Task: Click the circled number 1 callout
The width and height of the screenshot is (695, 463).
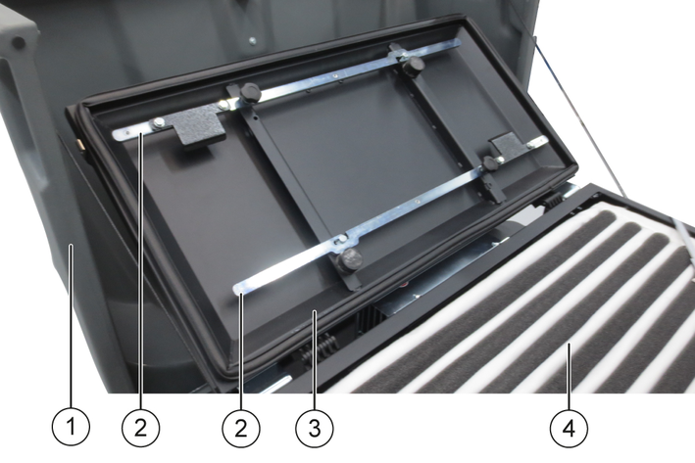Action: (x=71, y=428)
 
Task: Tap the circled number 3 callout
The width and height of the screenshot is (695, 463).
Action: (x=315, y=428)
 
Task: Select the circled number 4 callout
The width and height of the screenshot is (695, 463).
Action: (x=570, y=428)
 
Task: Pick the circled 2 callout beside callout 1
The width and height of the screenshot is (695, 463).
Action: (x=140, y=428)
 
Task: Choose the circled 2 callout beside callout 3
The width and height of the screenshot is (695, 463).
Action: (x=241, y=428)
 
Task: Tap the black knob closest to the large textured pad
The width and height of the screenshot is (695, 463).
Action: (x=251, y=93)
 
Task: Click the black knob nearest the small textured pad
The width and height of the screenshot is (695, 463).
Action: (x=491, y=163)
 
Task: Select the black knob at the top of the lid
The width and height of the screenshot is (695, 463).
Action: (x=413, y=65)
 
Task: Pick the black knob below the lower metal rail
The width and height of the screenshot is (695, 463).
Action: (x=350, y=259)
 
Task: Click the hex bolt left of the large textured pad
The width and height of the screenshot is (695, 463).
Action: (x=158, y=123)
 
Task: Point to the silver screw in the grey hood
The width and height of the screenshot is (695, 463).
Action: (x=252, y=41)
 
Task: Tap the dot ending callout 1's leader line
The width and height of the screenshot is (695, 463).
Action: (x=71, y=246)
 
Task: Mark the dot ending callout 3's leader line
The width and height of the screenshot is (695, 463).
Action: (x=315, y=312)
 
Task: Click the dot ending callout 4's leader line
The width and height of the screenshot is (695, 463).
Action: (x=570, y=345)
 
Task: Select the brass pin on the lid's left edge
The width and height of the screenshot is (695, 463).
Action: (x=80, y=144)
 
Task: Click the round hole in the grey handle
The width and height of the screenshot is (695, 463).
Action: (x=19, y=42)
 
